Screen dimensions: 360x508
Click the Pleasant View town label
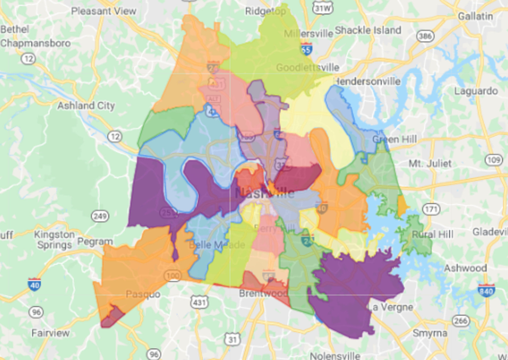(x=104, y=11)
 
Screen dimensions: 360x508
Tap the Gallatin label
(x=475, y=16)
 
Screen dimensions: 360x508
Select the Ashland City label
(x=86, y=106)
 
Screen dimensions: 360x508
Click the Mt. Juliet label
(x=430, y=163)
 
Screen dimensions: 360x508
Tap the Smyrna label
(x=430, y=333)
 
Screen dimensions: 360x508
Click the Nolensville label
(x=335, y=356)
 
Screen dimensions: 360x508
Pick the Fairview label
(x=51, y=333)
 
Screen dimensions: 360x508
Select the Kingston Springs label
(x=55, y=240)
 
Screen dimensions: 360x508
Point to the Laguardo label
(x=476, y=91)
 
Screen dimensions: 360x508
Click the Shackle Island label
(x=368, y=30)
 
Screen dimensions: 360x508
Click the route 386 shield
(x=425, y=36)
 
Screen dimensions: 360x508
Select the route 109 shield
(x=494, y=160)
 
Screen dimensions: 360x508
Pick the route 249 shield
(x=100, y=216)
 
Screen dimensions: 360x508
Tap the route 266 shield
(x=461, y=321)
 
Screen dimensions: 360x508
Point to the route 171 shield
(x=431, y=209)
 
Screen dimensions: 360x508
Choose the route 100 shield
(x=173, y=276)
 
